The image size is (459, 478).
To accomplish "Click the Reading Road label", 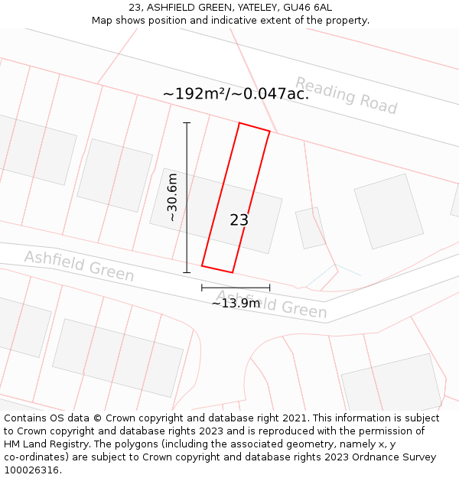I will click(x=346, y=96).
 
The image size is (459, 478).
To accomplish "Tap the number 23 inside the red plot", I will click(x=239, y=220).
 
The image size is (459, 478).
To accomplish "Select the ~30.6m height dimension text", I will click(x=173, y=197).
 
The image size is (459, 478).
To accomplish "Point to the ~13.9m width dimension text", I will click(x=236, y=303).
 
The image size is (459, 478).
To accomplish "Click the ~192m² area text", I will click(x=195, y=94).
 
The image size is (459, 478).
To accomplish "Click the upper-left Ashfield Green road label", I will click(x=79, y=266).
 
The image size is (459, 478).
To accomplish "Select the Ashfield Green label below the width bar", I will click(x=272, y=304).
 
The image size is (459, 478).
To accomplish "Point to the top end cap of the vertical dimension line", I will click(x=187, y=122).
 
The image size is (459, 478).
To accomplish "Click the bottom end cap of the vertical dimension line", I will click(x=187, y=272).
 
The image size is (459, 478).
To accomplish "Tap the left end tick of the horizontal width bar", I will click(x=202, y=288).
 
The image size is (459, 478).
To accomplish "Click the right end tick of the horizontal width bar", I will click(x=269, y=288).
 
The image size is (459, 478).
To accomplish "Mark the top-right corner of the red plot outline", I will click(x=269, y=132).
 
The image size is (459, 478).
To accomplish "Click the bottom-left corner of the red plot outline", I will click(x=202, y=265).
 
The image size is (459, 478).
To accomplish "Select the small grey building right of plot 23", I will click(x=311, y=227).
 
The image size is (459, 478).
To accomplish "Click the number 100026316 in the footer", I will click(x=31, y=470).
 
